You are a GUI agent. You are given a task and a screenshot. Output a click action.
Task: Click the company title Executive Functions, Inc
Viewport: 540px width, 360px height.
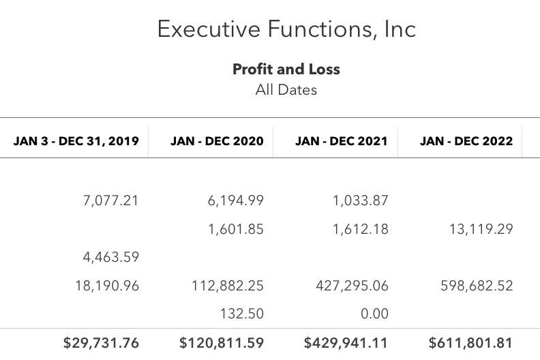coord(286,29)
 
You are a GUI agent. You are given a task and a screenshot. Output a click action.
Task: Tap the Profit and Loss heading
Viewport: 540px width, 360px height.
coord(286,70)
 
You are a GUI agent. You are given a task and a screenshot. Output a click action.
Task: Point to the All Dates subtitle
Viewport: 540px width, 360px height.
coord(286,90)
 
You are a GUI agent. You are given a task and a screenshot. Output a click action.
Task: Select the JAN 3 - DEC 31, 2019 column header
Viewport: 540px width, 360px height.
coord(76,141)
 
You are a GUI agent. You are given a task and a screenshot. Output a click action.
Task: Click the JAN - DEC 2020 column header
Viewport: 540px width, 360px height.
coord(217,141)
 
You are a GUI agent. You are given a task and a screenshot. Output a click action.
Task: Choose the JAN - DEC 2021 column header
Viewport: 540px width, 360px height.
coord(342,141)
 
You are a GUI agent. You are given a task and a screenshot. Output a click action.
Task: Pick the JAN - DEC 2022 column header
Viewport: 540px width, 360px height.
coord(466,141)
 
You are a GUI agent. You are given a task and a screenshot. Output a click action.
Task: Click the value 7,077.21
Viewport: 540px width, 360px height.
coord(111,200)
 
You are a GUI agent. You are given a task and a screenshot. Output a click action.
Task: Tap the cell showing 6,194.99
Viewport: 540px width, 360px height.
coord(235,200)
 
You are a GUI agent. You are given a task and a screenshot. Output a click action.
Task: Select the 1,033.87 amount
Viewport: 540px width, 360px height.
coord(361,200)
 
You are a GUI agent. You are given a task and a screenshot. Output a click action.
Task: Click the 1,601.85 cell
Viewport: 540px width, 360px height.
coord(236,229)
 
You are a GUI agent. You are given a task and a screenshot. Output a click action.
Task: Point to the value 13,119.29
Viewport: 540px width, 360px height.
coord(481,229)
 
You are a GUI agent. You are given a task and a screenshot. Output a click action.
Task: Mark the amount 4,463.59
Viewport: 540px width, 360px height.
coord(111,257)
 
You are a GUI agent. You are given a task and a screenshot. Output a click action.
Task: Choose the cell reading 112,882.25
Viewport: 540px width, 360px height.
coord(228,286)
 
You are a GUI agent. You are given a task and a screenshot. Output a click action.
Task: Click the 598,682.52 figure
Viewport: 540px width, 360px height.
coord(477,286)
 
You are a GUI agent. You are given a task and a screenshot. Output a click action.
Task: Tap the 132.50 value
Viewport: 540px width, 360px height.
coord(242,314)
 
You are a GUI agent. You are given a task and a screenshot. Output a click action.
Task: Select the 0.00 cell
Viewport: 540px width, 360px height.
coord(375,314)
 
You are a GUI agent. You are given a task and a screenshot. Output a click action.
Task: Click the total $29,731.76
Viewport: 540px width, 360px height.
coord(101,343)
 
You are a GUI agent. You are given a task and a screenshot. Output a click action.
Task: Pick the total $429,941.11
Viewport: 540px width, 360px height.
coord(346,343)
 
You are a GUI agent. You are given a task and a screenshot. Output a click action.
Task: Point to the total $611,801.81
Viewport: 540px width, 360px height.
coord(470,343)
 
